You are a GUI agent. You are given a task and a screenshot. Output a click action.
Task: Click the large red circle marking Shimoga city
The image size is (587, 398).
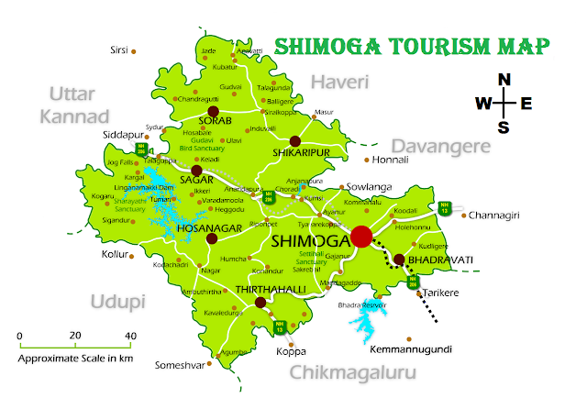point(361,237)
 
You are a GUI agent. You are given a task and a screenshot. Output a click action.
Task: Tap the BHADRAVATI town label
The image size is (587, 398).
point(441,260)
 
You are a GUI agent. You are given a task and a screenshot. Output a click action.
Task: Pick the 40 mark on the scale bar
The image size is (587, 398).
point(129,335)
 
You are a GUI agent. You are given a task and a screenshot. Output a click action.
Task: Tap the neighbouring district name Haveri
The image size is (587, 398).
point(339,83)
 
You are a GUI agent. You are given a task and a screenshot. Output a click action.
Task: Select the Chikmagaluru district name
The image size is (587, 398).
point(352,372)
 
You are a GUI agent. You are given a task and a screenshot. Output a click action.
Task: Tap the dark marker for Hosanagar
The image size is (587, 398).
point(212,238)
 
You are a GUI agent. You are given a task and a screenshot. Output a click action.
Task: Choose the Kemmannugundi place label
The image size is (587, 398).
point(411,349)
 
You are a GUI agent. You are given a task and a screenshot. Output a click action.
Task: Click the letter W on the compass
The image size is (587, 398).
point(482,104)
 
